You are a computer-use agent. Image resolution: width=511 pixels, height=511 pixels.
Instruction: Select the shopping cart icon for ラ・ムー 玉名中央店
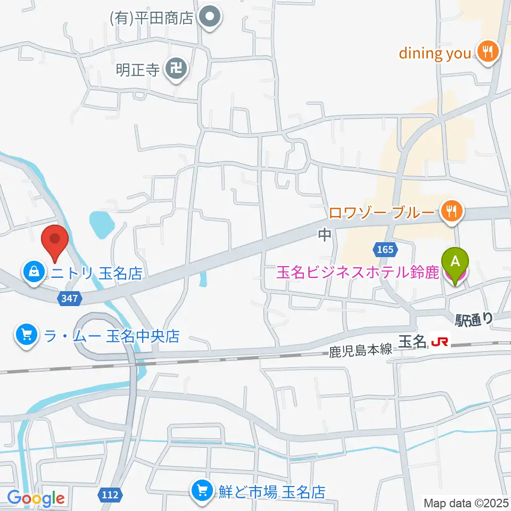coord(26,335)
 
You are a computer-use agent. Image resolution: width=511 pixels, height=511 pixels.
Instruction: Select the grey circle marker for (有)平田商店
coord(210,18)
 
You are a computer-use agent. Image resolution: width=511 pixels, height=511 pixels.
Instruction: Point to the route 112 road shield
coord(110,495)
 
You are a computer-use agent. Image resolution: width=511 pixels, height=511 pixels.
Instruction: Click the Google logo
coord(36,499)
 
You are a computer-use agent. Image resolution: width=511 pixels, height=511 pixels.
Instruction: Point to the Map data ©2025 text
coord(465,502)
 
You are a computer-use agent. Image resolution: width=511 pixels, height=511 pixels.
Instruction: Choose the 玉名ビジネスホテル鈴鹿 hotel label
coord(357,273)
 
